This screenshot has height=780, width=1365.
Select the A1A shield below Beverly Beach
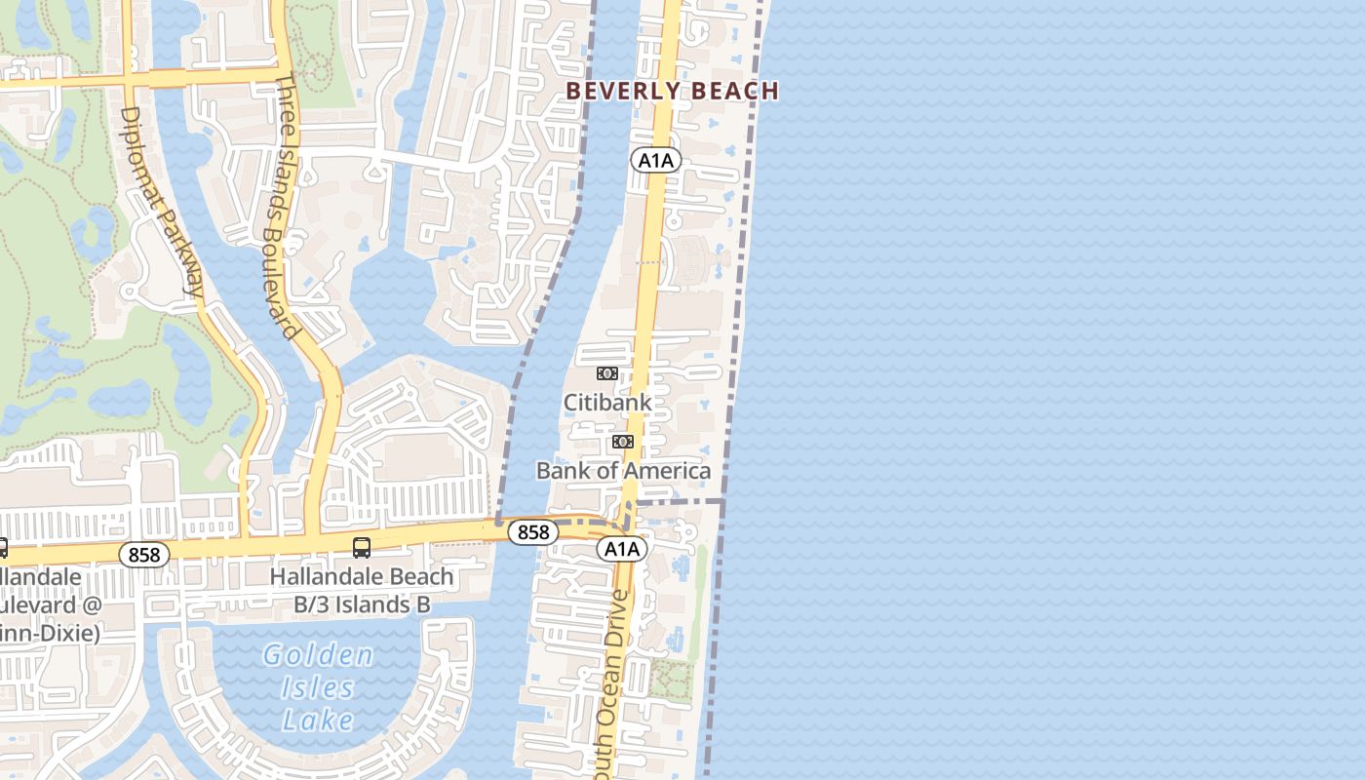coord(655,160)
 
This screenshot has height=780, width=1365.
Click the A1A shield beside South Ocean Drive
coord(622,549)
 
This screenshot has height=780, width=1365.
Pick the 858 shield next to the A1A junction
coord(533,532)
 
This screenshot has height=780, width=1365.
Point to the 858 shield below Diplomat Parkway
coord(144,555)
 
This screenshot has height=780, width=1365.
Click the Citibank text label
coord(607,402)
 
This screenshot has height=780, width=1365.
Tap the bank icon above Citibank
coord(606,373)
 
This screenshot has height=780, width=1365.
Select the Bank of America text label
coord(623,471)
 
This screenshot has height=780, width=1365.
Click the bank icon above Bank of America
coord(622,443)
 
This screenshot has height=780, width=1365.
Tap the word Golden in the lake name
coord(318,655)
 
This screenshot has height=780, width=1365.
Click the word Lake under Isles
coord(318,721)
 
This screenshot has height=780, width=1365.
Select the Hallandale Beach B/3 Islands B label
coord(362,591)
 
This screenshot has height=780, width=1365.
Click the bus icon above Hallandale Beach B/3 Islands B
coord(362,548)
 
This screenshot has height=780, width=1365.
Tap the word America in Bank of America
coord(668,471)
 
